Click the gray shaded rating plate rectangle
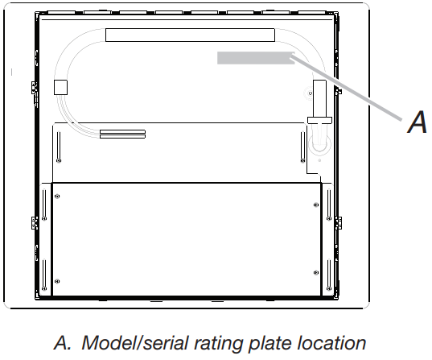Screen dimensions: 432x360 click(x=256, y=58)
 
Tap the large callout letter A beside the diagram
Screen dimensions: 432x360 click(x=418, y=122)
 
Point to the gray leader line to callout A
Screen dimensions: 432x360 click(x=346, y=88)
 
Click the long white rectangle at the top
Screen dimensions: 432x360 click(x=190, y=35)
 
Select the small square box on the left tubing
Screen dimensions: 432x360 click(x=60, y=87)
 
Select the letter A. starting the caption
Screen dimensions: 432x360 click(x=63, y=342)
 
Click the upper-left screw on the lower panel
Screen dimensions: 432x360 click(x=57, y=197)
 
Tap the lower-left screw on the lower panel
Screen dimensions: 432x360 click(x=57, y=281)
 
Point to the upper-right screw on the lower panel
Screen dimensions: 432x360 click(x=316, y=205)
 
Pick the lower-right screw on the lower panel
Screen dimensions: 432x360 click(x=316, y=273)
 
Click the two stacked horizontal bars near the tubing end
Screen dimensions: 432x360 click(x=122, y=134)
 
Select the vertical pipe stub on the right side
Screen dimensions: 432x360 click(x=320, y=99)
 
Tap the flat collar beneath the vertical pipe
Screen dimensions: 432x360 click(x=319, y=120)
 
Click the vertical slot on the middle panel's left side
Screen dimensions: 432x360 click(x=59, y=146)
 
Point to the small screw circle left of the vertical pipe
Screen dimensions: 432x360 click(x=311, y=93)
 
